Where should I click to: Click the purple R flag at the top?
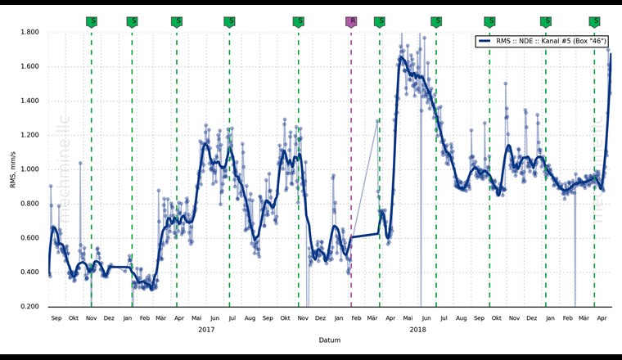[x=352, y=21]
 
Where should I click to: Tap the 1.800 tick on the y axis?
[x=29, y=33]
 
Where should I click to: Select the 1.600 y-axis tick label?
[x=29, y=67]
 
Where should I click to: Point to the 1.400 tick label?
[x=29, y=101]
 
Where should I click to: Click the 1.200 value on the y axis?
[x=29, y=136]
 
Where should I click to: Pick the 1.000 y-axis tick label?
[x=29, y=170]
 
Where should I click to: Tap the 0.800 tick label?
[x=29, y=205]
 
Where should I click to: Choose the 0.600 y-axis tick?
[x=29, y=239]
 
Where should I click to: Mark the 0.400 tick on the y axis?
[x=29, y=273]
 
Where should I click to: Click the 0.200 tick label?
[x=29, y=308]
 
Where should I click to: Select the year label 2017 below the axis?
[x=206, y=330]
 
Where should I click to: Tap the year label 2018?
[x=417, y=330]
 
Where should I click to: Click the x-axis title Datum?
[x=330, y=340]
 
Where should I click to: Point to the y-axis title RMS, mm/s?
[x=13, y=169]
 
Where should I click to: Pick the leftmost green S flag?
[x=92, y=21]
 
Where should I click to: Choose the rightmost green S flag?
[x=595, y=21]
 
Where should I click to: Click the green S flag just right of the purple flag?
[x=380, y=21]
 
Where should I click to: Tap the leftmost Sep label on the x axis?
[x=56, y=317]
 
